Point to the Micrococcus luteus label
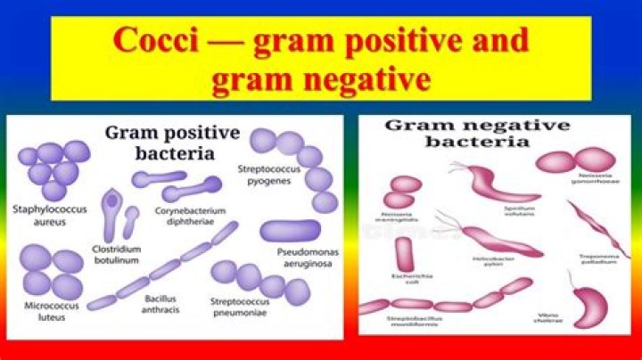pos(45,311)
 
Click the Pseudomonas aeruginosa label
pos(301,262)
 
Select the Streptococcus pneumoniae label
pos(243,307)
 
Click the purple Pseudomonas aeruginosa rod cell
pos(291,231)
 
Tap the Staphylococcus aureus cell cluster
pos(54,168)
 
